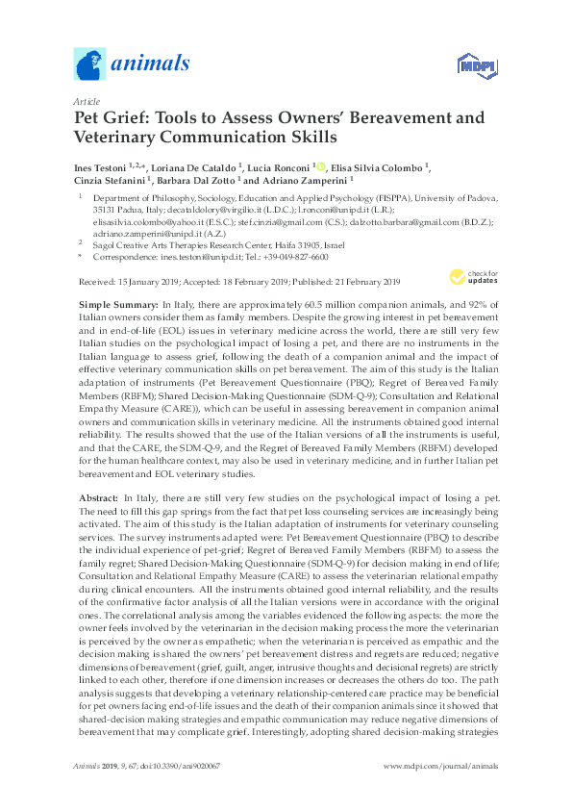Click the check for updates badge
pyautogui.click(x=466, y=277)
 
